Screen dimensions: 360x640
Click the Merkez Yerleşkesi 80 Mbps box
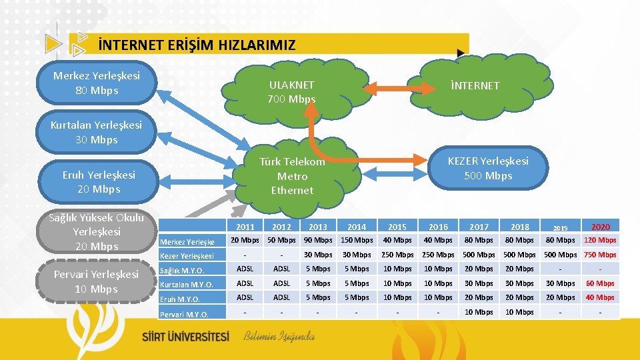pyautogui.click(x=97, y=83)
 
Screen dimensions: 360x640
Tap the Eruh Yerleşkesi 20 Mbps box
pyautogui.click(x=98, y=181)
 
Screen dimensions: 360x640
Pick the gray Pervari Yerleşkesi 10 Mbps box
pyautogui.click(x=96, y=281)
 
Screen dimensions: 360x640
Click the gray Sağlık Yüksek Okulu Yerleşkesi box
pyautogui.click(x=96, y=231)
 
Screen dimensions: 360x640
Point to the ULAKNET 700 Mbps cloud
pyautogui.click(x=291, y=92)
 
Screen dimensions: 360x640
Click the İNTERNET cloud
pyautogui.click(x=475, y=85)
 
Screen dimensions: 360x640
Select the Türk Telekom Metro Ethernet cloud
pyautogui.click(x=292, y=175)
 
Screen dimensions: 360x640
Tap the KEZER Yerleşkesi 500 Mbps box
pyautogui.click(x=488, y=168)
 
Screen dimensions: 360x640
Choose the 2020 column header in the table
pyautogui.click(x=600, y=227)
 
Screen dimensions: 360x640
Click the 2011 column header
pyautogui.click(x=245, y=227)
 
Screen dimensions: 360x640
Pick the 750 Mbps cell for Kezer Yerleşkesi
pyautogui.click(x=600, y=255)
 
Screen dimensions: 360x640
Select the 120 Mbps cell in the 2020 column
pyautogui.click(x=600, y=240)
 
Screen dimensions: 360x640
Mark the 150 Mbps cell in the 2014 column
pyautogui.click(x=357, y=240)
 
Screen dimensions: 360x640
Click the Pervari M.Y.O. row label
pyautogui.click(x=185, y=314)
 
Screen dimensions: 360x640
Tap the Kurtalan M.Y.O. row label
pyautogui.click(x=187, y=285)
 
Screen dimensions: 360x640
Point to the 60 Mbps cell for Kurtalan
pyautogui.click(x=600, y=283)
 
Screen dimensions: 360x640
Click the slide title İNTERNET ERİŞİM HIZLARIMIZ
pyautogui.click(x=196, y=45)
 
